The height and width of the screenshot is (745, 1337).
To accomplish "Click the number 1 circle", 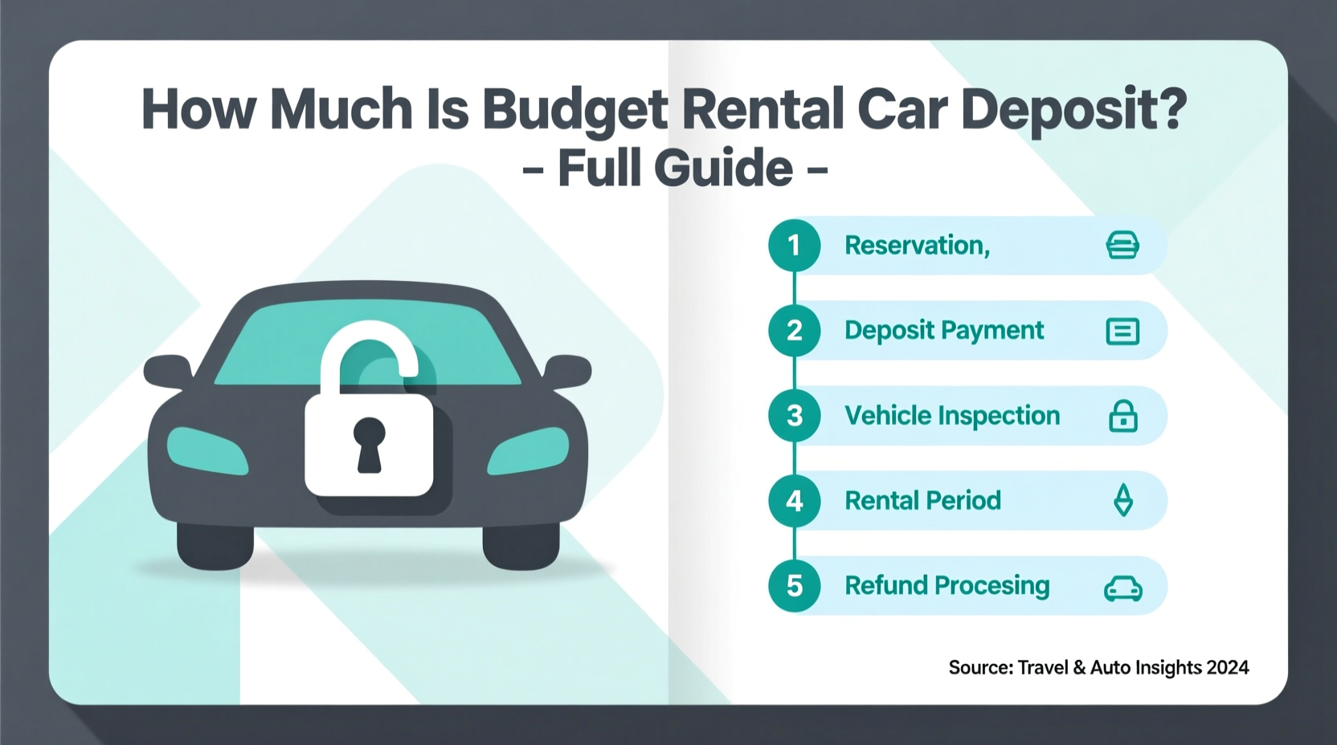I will (x=794, y=246).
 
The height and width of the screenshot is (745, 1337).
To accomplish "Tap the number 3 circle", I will (x=794, y=416).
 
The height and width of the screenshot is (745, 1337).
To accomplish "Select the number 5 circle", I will (x=794, y=586).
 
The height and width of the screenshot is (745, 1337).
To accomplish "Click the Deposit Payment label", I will (x=944, y=331).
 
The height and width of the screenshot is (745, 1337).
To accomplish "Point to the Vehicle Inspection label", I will (x=952, y=416).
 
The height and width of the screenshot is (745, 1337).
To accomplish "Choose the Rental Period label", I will (x=922, y=501).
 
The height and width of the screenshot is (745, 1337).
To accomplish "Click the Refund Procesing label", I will (x=947, y=586).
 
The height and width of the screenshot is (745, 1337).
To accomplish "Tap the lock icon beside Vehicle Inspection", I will (x=1122, y=417).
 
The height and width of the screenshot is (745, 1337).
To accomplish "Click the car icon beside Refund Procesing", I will (x=1122, y=588).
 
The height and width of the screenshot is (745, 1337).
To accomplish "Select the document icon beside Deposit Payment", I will (x=1122, y=332).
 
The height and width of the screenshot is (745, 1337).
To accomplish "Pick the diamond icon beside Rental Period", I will (x=1123, y=501).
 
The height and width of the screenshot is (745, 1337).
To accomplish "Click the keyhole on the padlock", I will (x=369, y=443).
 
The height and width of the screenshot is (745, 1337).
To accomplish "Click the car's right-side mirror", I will (x=569, y=372).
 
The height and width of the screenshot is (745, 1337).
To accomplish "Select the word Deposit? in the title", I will (x=1073, y=110).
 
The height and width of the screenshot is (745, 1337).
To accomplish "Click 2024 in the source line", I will (x=1227, y=668).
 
